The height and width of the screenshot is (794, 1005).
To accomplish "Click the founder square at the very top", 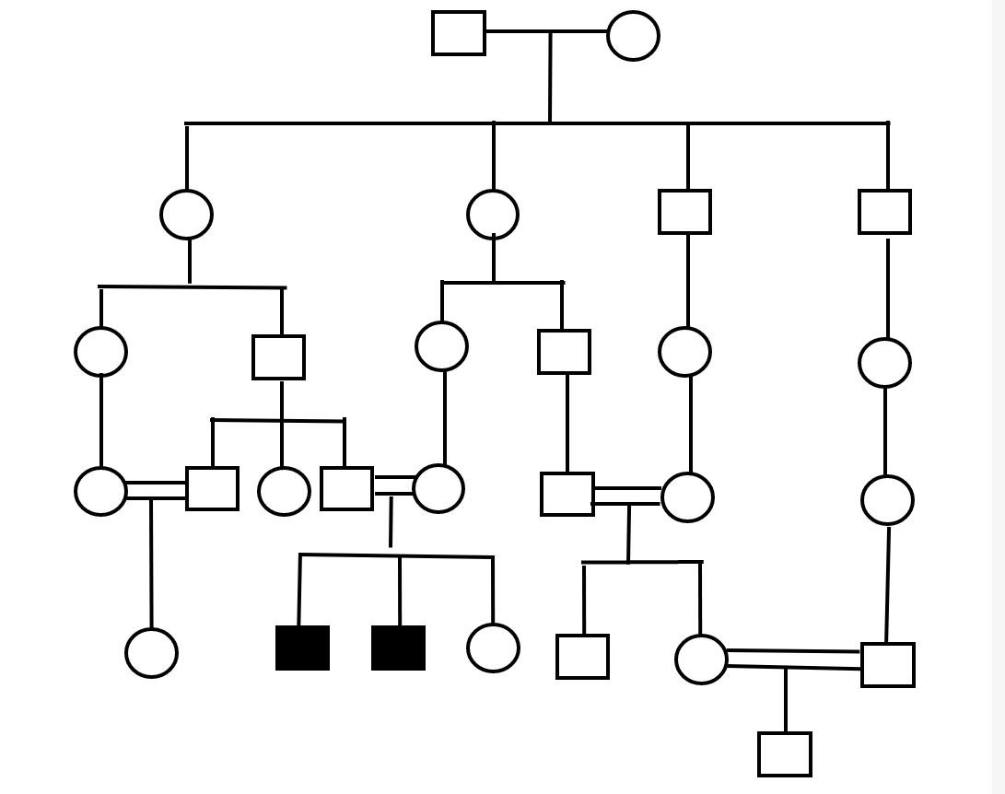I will tap(459, 33).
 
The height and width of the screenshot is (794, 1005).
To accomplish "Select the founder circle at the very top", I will tap(633, 36).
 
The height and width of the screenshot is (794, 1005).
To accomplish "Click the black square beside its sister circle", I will tap(398, 648).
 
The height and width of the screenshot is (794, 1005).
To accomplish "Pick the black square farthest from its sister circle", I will tap(302, 648).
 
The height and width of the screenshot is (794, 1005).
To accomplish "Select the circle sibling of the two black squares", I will tap(493, 648).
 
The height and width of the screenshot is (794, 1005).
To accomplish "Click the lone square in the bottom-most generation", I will tap(785, 754).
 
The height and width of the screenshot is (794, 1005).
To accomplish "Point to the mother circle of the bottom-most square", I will tap(701, 660).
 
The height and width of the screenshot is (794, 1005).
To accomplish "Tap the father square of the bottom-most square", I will tap(887, 665).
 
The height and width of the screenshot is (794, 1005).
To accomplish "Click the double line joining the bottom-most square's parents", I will tap(792, 659).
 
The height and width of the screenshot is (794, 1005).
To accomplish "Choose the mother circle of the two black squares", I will tap(438, 488).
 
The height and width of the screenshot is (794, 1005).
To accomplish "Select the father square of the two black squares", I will tap(346, 488).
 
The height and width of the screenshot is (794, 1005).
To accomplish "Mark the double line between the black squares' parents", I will tap(393, 485).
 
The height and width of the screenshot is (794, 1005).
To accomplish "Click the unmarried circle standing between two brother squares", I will tap(284, 491).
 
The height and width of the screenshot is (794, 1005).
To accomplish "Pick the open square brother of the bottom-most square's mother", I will tap(582, 657).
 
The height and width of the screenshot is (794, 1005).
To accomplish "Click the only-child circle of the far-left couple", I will tap(151, 653).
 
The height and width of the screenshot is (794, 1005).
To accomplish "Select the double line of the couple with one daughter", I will tap(156, 490).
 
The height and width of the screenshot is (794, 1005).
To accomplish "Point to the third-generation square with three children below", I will tap(278, 357).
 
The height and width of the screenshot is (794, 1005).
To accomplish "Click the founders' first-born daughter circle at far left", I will tap(186, 215).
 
